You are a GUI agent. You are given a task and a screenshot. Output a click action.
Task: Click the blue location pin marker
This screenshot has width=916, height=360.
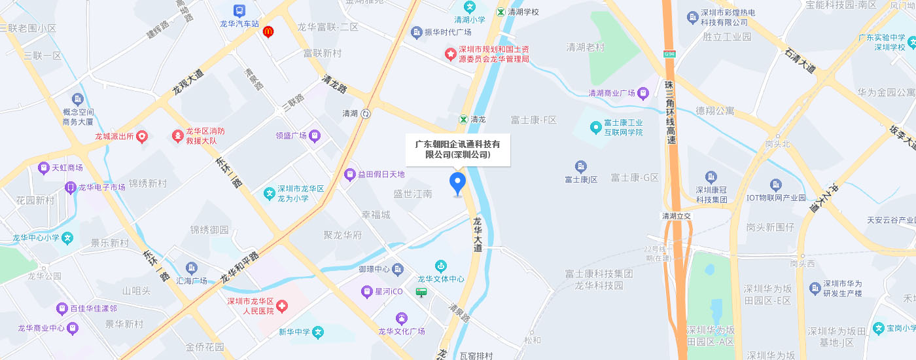click(x=457, y=184)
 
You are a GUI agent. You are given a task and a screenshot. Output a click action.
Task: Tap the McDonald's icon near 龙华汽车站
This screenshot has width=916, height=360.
click(x=268, y=31)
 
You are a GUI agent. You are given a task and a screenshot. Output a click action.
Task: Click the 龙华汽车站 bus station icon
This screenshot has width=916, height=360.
click(x=239, y=10)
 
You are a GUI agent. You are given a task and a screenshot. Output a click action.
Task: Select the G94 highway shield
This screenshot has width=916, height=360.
click(x=669, y=54)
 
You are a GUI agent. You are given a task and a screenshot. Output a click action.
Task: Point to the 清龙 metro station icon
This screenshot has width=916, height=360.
click(x=463, y=119)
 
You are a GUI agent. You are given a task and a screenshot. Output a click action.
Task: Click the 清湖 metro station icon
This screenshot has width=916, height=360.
click(x=366, y=113)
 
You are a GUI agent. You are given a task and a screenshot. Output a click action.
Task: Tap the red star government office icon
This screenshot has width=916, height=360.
click(x=450, y=54)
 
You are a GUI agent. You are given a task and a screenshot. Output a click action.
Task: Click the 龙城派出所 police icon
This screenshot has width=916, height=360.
click(x=142, y=137)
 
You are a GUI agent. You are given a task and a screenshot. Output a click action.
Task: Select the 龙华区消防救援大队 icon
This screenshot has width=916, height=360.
click(x=177, y=136)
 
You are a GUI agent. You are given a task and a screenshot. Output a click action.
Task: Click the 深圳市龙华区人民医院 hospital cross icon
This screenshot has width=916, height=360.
click(x=282, y=306)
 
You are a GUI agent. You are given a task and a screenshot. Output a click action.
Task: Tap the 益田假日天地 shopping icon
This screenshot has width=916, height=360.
click(x=350, y=175)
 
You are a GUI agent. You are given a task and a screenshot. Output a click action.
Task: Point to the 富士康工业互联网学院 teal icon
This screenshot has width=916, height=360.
click(x=595, y=127)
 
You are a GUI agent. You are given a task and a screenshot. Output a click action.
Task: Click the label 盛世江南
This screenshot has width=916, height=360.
click(x=412, y=194)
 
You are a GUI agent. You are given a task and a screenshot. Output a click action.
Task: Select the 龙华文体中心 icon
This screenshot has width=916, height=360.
click(x=441, y=266)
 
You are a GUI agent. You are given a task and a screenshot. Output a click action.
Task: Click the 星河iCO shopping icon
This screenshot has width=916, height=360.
click(x=366, y=291)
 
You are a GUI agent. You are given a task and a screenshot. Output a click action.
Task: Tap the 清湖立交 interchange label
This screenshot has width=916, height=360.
click(x=677, y=216)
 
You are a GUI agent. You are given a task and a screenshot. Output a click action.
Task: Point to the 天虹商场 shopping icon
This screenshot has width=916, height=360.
click(x=44, y=168)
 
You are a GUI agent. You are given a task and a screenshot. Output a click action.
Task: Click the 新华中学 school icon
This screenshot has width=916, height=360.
click(x=318, y=332)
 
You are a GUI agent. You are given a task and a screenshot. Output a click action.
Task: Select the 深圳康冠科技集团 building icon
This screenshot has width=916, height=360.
click(x=712, y=177)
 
